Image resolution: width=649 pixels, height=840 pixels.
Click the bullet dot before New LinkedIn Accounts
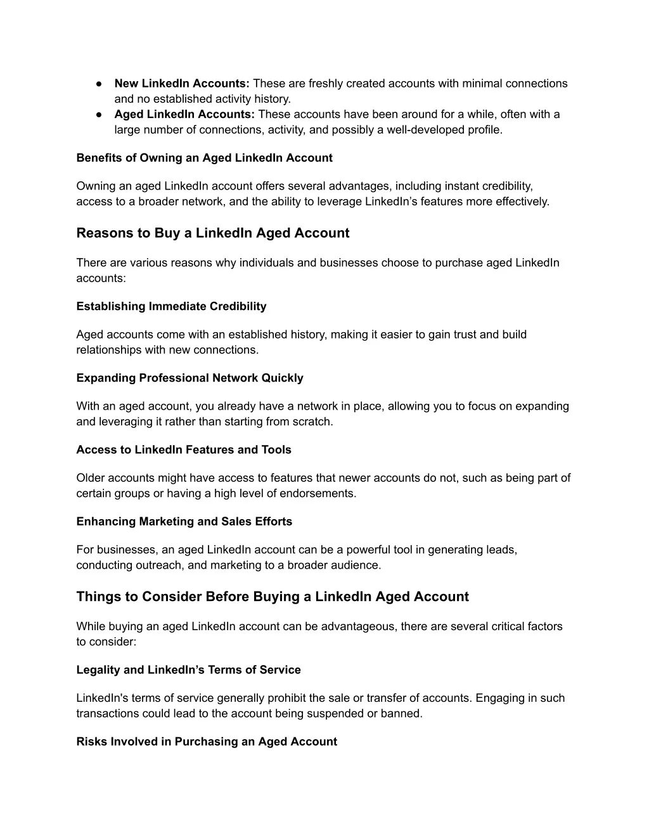click(x=100, y=84)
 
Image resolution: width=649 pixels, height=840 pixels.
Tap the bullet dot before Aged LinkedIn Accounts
click(x=100, y=115)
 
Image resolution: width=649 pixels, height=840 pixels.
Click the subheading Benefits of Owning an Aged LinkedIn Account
click(x=204, y=158)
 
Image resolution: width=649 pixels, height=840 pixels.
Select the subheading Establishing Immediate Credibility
click(x=171, y=306)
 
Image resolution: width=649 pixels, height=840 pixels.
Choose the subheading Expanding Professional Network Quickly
click(x=190, y=378)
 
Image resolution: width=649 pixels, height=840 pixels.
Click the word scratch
click(x=312, y=422)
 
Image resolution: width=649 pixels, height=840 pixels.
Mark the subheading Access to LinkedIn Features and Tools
click(x=184, y=449)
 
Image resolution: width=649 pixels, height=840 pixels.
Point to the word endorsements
click(x=318, y=493)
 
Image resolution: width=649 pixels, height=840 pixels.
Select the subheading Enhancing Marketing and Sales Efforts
click(x=184, y=522)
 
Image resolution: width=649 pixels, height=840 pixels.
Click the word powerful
click(x=368, y=550)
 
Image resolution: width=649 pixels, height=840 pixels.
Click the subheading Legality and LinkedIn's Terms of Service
click(x=188, y=669)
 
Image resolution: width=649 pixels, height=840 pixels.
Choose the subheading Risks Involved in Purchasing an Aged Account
click(x=207, y=742)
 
